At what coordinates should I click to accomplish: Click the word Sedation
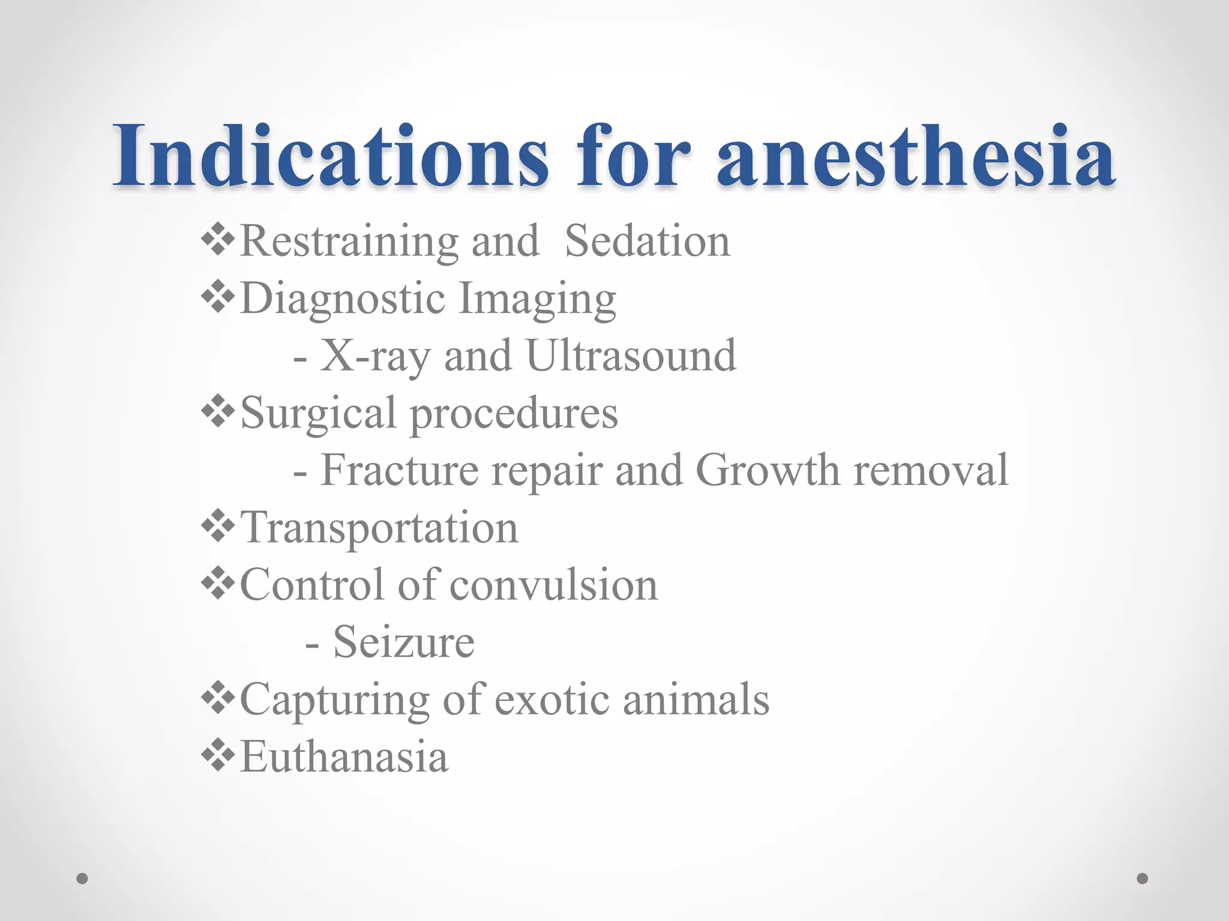tap(648, 241)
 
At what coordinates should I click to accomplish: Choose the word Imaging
tap(537, 299)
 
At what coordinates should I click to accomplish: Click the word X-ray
tap(375, 356)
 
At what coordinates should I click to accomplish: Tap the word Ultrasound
tap(631, 356)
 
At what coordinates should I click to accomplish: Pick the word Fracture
tap(400, 470)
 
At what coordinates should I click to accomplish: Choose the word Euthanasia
tap(344, 757)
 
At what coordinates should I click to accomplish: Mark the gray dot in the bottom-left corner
tap(82, 878)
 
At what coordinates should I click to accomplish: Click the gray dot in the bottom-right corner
tap(1143, 878)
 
